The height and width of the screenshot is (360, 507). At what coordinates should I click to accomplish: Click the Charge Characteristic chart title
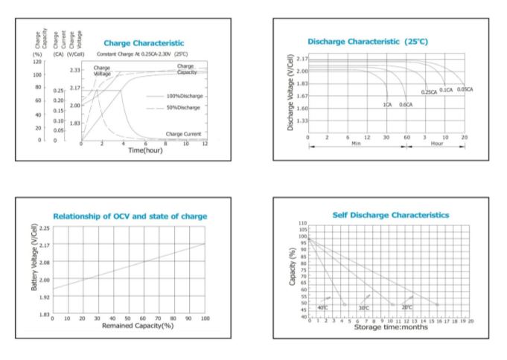click(144, 43)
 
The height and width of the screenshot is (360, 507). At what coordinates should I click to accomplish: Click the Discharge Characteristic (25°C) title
click(368, 41)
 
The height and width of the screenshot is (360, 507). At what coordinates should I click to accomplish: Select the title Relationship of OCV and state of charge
click(130, 216)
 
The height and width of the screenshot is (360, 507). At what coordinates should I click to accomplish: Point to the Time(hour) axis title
click(146, 150)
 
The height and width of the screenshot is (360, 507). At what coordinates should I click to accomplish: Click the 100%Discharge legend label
click(185, 97)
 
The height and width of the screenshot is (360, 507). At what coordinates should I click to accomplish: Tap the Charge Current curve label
click(183, 134)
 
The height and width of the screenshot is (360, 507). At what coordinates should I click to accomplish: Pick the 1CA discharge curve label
click(387, 105)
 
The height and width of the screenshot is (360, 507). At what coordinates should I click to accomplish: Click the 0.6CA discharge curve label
click(406, 105)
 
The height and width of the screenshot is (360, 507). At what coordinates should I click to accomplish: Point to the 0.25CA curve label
click(429, 91)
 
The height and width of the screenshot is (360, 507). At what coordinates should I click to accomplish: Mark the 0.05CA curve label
click(465, 89)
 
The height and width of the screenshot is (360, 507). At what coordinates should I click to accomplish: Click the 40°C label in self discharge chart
click(322, 307)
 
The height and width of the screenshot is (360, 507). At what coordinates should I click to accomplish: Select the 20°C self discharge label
click(406, 306)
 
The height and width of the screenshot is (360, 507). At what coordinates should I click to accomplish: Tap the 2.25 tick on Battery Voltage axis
click(45, 228)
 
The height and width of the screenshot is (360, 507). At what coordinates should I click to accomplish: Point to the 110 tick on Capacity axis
click(302, 223)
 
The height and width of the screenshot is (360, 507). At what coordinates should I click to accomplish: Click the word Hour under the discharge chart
click(438, 143)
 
